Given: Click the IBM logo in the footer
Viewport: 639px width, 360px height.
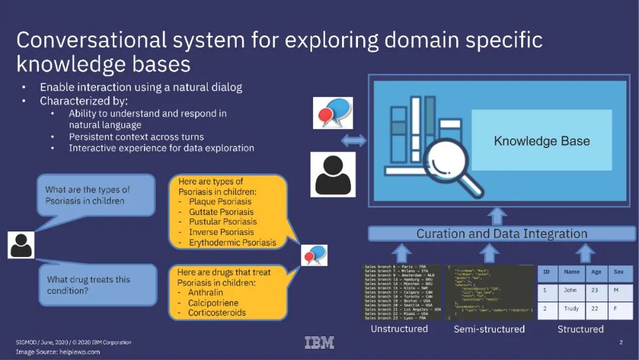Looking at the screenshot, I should (x=319, y=342).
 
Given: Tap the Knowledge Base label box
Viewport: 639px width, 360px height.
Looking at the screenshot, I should (x=541, y=141).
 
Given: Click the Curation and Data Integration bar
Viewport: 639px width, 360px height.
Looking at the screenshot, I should (x=501, y=233).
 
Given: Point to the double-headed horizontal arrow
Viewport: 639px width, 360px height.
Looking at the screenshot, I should (x=354, y=141).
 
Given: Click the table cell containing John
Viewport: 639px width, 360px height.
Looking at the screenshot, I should (x=571, y=291).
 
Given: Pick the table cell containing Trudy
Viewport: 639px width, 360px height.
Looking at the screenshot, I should (x=571, y=309).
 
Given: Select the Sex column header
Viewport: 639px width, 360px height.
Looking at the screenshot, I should (x=619, y=272).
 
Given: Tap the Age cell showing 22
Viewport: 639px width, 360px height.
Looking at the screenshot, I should (x=596, y=309).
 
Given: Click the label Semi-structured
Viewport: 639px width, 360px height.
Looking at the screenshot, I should (x=489, y=329).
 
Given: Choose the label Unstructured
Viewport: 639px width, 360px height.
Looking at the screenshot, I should (x=399, y=329).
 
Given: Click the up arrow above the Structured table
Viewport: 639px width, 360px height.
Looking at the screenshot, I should (x=585, y=253).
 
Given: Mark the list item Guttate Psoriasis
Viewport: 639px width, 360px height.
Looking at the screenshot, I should (x=221, y=211).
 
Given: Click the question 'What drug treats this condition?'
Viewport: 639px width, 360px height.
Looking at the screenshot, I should (x=89, y=285).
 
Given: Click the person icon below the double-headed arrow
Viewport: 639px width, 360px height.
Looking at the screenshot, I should (x=333, y=175).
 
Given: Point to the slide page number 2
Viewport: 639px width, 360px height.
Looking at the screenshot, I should (x=621, y=342).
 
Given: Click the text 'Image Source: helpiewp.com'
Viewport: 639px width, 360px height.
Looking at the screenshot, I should (x=58, y=352).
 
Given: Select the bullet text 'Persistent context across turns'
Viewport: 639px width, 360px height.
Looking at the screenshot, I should (x=136, y=137).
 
